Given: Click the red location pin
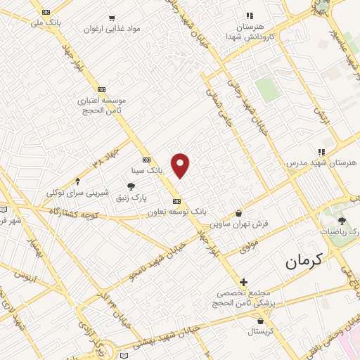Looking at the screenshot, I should point(181,165).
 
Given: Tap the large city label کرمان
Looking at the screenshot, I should point(307,262).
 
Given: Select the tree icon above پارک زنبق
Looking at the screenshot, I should point(131,186).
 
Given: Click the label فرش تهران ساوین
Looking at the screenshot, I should point(239,225).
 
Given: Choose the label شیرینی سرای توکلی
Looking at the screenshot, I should point(77,192).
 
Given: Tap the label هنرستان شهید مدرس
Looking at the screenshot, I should point(321,162).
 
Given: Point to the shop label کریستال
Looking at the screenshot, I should point(260,330).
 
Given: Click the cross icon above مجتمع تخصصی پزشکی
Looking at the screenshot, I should point(244,281).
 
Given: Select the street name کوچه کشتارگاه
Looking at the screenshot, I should point(72,211).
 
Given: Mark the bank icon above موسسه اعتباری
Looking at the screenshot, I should point(102,89).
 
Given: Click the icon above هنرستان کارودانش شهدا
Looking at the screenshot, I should point(248,15).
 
